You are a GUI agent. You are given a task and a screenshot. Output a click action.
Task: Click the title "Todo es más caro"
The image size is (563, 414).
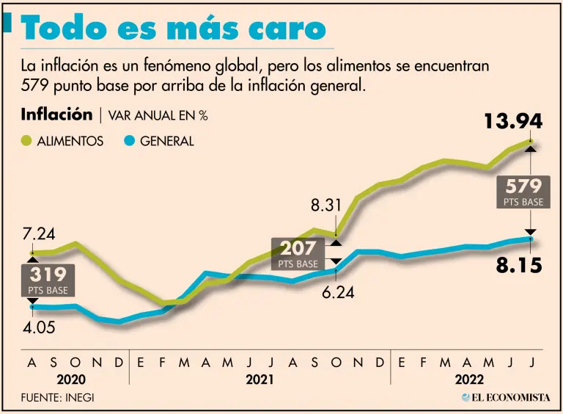click(x=174, y=29)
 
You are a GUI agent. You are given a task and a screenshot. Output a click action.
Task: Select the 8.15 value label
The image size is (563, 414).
click(x=519, y=264)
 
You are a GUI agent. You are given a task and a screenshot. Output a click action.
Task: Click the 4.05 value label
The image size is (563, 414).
click(x=38, y=327)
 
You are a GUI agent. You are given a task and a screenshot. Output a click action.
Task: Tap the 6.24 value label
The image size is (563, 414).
click(x=338, y=292)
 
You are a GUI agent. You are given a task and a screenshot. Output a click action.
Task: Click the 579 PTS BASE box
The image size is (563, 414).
click(x=523, y=191)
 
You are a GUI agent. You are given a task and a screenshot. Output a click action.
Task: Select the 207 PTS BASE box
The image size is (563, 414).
click(x=298, y=253)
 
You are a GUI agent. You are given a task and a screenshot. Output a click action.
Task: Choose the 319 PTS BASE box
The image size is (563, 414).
click(x=48, y=280)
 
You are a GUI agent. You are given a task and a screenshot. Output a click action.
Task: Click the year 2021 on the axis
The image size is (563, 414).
click(x=260, y=379)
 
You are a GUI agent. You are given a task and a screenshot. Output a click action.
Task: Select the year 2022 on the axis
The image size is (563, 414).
click(x=468, y=379)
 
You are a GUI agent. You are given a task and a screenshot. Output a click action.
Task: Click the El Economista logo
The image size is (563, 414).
click(x=506, y=397)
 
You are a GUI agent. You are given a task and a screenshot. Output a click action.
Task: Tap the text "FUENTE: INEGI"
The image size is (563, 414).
click(x=58, y=397)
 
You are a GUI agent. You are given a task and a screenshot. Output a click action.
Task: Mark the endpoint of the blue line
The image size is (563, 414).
click(x=530, y=239)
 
